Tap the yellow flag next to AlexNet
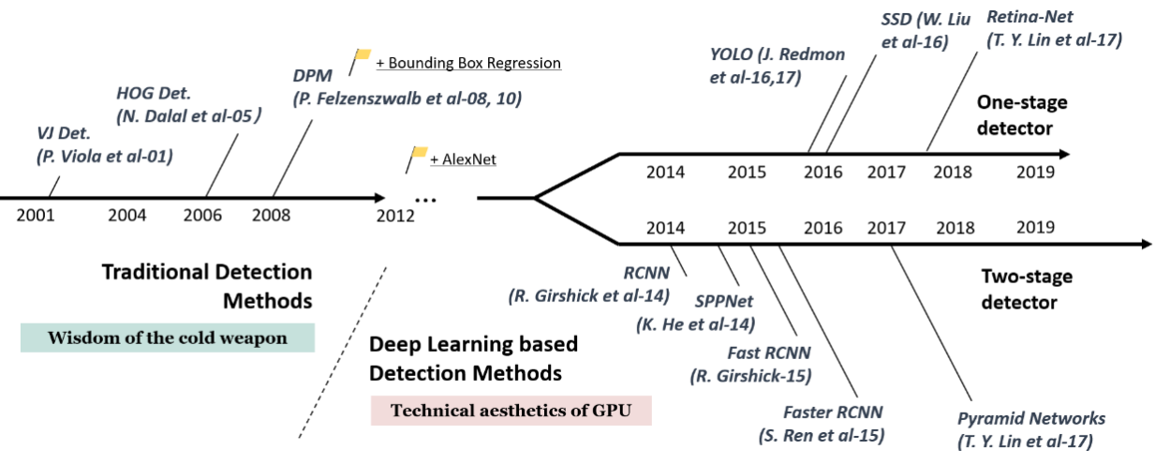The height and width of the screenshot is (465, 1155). [419, 152]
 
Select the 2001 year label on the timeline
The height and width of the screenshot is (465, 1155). [35, 215]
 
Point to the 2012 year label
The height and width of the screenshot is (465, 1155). [396, 215]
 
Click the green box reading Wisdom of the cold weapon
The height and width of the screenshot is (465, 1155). [168, 337]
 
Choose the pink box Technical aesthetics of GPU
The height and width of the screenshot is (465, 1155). [511, 411]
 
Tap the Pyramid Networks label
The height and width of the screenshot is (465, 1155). [1031, 418]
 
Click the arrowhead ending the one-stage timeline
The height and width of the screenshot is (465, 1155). [1062, 153]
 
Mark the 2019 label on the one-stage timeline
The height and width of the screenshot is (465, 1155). [1035, 172]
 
